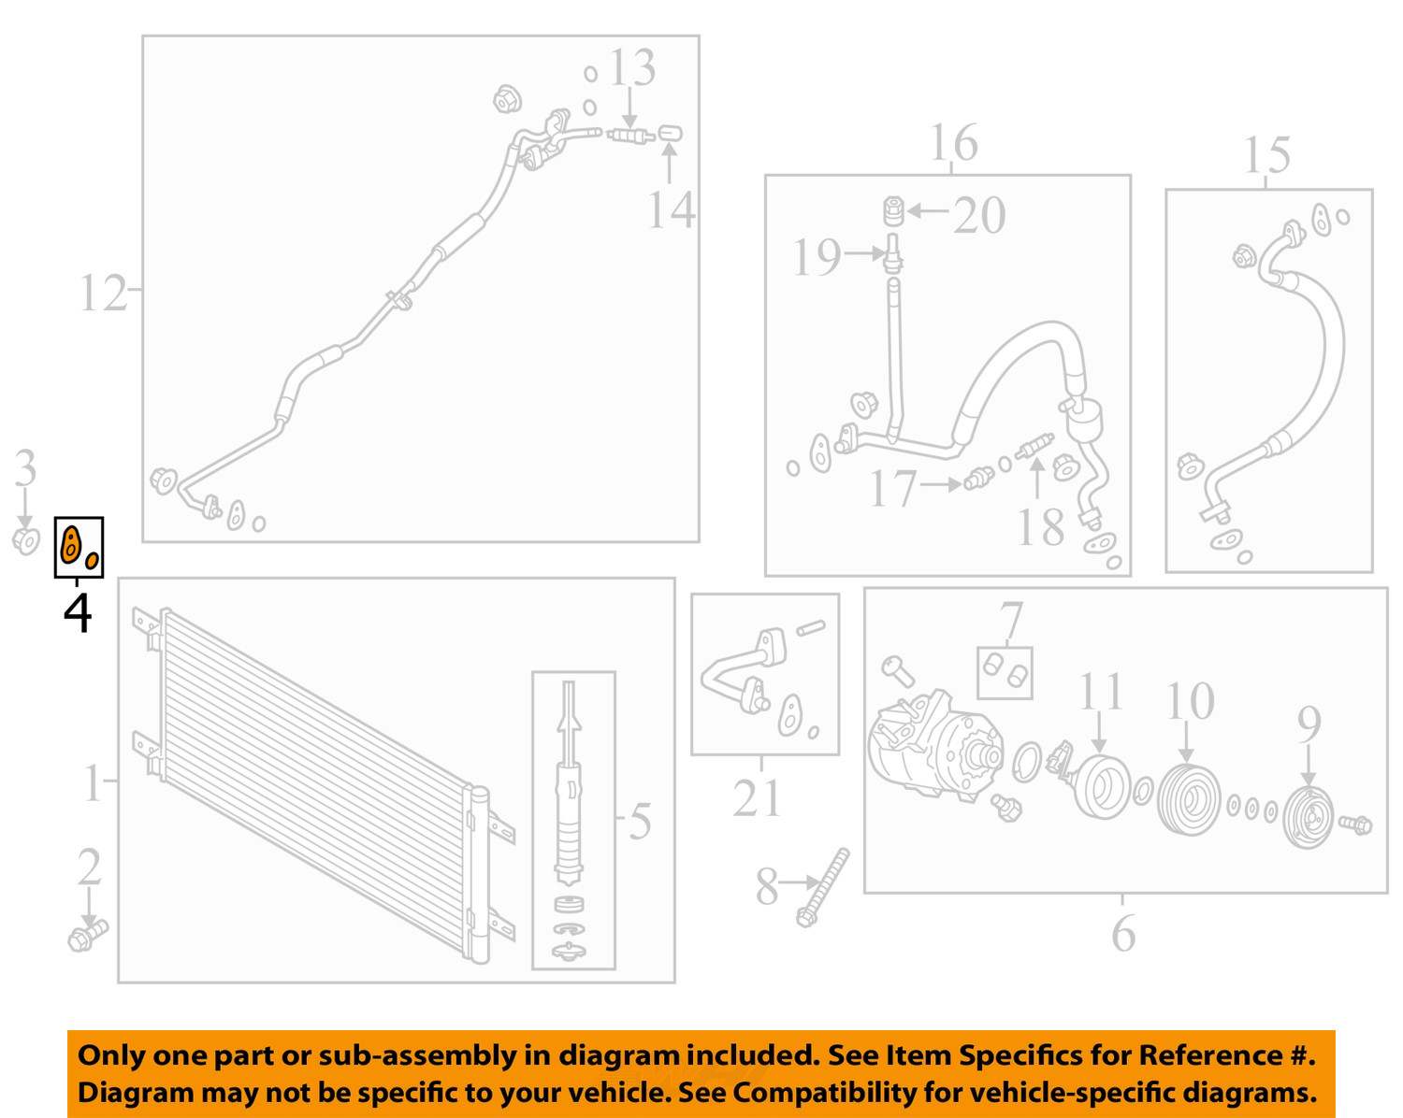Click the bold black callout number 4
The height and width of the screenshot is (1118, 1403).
[78, 613]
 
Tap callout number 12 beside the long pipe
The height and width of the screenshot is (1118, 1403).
[102, 294]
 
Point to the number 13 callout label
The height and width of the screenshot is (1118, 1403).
[631, 67]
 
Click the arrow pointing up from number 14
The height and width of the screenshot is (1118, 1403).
[669, 162]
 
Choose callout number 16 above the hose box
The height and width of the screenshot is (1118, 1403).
[953, 143]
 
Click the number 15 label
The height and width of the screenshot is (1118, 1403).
[1266, 154]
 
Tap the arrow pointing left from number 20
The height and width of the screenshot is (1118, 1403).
[928, 210]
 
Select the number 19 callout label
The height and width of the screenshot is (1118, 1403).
[817, 257]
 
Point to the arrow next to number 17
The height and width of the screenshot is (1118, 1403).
[939, 484]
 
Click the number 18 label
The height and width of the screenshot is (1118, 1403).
[1040, 526]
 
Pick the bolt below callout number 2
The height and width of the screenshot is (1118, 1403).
[87, 937]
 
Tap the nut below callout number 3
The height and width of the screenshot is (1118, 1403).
[26, 540]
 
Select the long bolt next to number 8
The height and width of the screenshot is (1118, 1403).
[823, 887]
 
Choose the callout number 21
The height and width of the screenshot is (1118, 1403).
[757, 797]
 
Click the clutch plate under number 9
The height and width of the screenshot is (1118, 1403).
[1308, 818]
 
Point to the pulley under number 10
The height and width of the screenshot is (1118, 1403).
[1189, 799]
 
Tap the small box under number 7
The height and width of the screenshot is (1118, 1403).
[1005, 673]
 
